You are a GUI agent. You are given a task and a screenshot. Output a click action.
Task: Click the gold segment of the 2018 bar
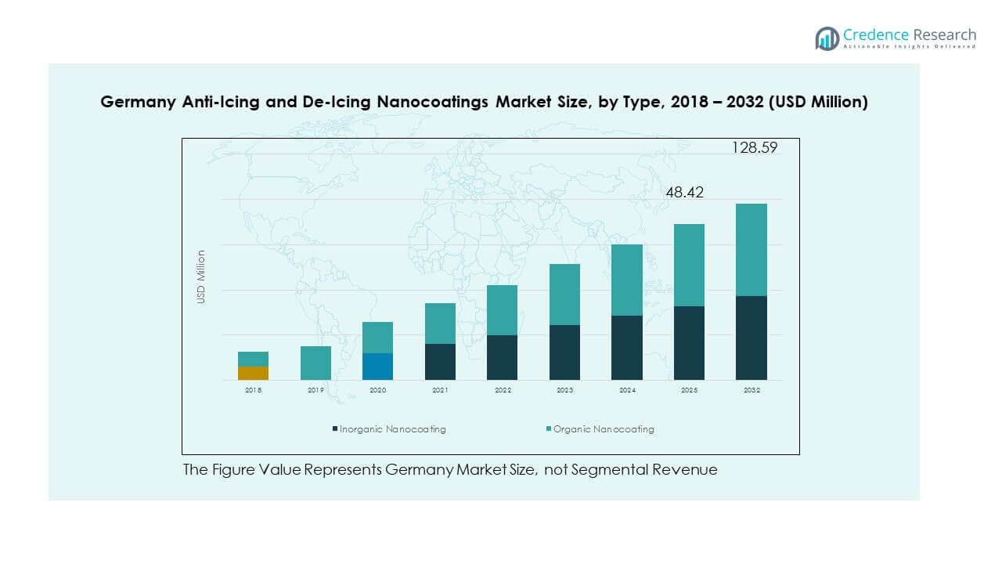click(253, 373)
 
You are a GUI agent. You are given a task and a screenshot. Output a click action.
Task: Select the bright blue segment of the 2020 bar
click(377, 367)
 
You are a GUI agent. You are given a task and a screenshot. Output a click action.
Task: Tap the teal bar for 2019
click(315, 363)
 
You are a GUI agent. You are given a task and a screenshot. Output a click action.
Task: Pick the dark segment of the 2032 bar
click(751, 338)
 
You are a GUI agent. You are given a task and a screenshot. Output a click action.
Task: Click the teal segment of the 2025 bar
click(689, 265)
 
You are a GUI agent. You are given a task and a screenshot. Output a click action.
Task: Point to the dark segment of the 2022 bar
click(502, 357)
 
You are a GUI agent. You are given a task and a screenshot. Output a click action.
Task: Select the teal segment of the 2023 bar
click(564, 295)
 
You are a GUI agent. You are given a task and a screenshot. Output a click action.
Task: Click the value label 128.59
click(755, 147)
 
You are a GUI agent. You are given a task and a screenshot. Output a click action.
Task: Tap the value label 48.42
click(684, 192)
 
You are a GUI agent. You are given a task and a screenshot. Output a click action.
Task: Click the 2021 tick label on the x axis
click(440, 390)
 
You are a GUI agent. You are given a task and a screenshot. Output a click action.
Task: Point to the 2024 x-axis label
click(626, 390)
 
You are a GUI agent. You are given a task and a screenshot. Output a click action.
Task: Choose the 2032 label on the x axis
click(751, 390)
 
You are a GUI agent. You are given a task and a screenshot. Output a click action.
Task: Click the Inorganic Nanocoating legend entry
click(389, 429)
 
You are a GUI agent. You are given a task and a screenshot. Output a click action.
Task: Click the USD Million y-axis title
click(201, 277)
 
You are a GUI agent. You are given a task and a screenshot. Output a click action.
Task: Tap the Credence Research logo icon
click(827, 38)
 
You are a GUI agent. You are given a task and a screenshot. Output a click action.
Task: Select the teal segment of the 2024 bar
click(626, 280)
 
